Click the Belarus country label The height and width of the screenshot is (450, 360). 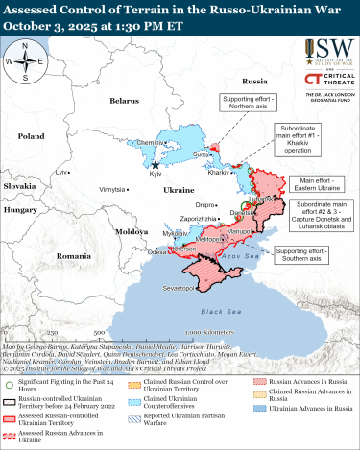[124, 100]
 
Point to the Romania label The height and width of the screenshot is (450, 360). [73, 256]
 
